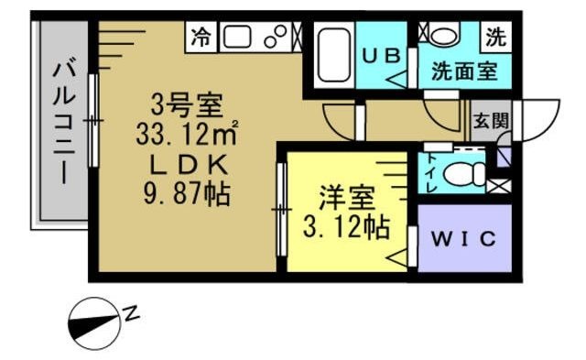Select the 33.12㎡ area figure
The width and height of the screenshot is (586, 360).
(187, 135)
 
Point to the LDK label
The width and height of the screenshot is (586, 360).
(187, 165)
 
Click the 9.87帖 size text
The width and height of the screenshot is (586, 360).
(187, 195)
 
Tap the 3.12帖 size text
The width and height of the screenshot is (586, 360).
(347, 225)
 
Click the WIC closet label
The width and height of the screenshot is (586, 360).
(463, 240)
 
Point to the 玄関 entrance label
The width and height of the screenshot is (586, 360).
(490, 119)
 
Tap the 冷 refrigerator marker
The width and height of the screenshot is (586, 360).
(201, 38)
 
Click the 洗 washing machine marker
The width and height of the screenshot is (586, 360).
(495, 38)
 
